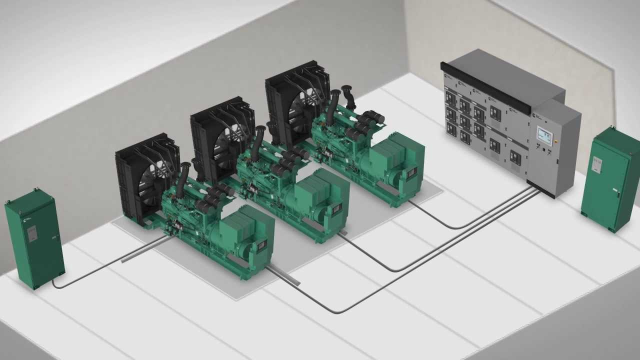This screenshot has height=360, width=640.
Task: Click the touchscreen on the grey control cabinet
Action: coord(544,135)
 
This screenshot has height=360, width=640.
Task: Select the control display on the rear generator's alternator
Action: coord(411,172)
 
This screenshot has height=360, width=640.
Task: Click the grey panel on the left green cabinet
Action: coord(31,233)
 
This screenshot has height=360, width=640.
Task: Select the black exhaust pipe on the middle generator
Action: coord(259,142)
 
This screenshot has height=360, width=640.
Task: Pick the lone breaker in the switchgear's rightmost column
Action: coord(514,158)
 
